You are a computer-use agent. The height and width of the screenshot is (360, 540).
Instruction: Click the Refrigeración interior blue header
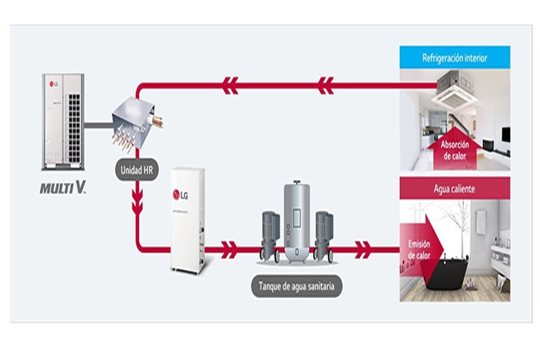pyautogui.click(x=454, y=58)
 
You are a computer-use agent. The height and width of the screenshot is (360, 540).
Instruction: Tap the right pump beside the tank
pyautogui.click(x=324, y=234)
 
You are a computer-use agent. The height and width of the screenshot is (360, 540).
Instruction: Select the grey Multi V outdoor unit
pyautogui.click(x=64, y=124)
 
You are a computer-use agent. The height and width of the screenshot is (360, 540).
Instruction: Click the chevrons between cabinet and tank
pyautogui.click(x=229, y=249)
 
